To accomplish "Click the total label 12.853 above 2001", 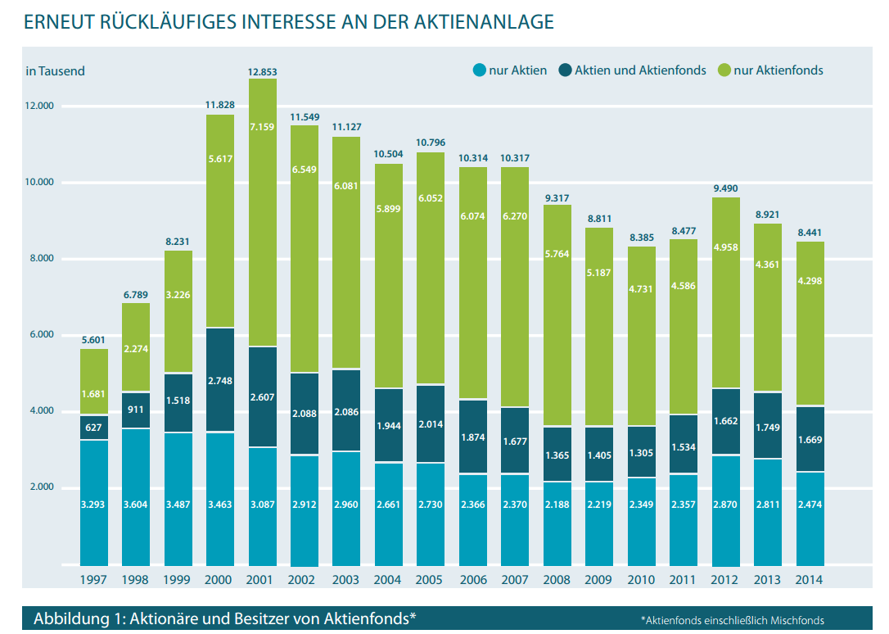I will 262,72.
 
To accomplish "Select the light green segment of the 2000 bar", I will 219,221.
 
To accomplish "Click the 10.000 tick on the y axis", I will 40,183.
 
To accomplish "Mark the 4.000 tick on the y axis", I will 40,411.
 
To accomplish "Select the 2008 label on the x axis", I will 557,579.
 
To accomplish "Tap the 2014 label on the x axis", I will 810,579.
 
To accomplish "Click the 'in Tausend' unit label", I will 56,71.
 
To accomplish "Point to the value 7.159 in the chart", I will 262,128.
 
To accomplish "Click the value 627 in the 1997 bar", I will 93,428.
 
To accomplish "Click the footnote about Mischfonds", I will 732,620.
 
